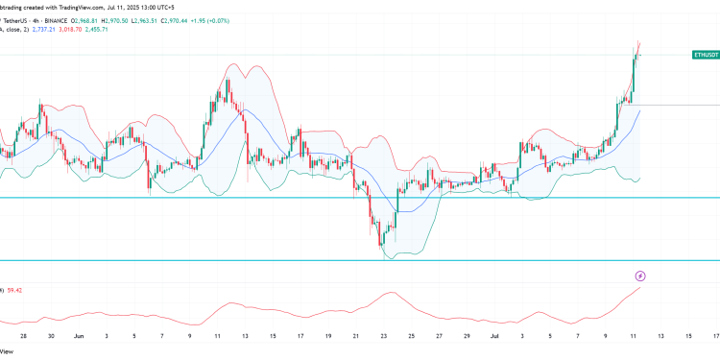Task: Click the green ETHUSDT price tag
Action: pyautogui.click(x=705, y=57)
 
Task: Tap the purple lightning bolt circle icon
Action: pyautogui.click(x=639, y=276)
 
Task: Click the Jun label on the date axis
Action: pyautogui.click(x=79, y=336)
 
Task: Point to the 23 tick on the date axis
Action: pyautogui.click(x=383, y=336)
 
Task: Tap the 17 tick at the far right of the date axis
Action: pyautogui.click(x=715, y=336)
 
